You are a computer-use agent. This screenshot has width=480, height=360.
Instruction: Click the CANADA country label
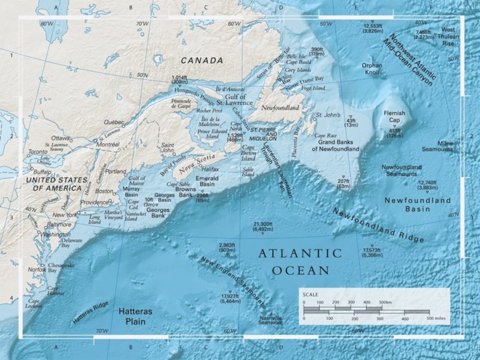[x=202, y=60]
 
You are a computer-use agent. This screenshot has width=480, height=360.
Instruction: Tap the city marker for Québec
[x=124, y=126]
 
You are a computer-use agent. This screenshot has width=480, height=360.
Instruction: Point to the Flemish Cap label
[x=394, y=116]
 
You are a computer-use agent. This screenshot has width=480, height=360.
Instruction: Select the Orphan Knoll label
[x=372, y=69]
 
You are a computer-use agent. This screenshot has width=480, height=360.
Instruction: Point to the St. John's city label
[x=328, y=115]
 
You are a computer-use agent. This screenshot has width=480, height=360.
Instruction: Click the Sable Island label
[x=248, y=172]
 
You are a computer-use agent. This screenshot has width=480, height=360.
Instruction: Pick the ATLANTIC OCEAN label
[x=300, y=262]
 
